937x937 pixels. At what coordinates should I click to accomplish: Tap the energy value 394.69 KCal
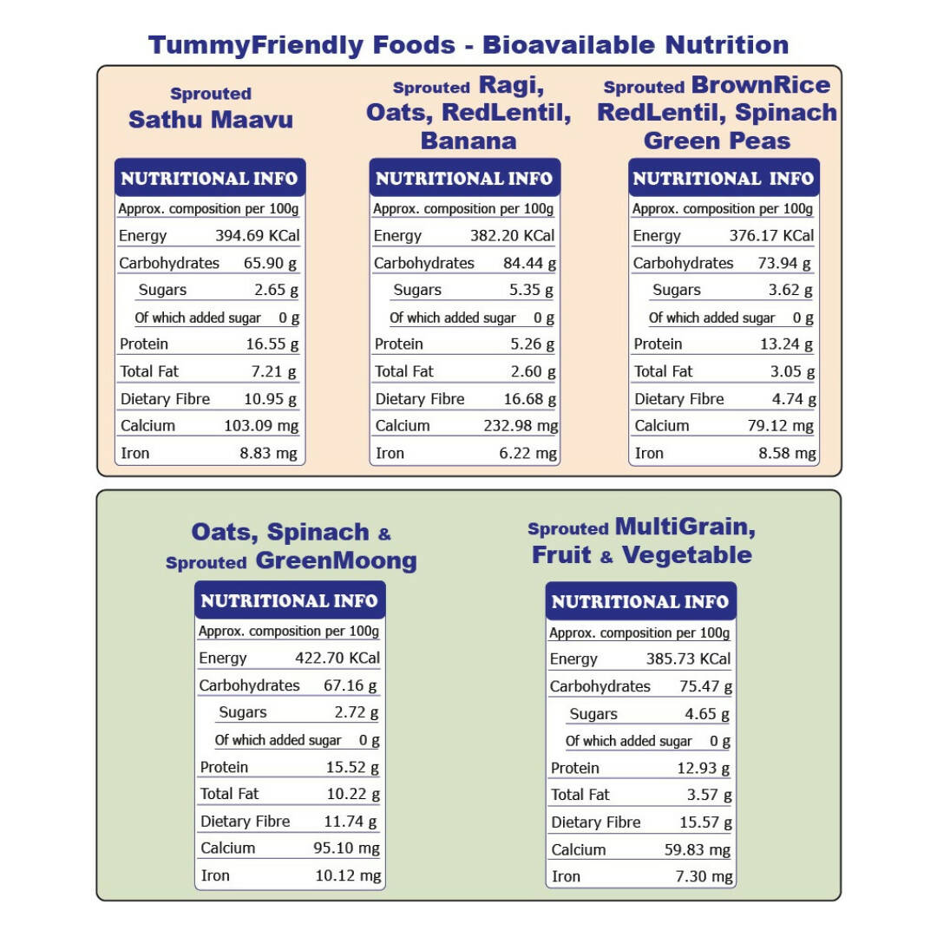(x=258, y=235)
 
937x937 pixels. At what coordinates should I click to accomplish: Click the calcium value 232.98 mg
(x=521, y=426)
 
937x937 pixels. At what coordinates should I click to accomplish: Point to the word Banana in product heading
(x=468, y=141)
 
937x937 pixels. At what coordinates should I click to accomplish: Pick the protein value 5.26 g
(x=532, y=344)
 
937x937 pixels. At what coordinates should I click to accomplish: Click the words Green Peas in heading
(x=717, y=141)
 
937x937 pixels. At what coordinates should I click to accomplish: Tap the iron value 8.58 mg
(x=786, y=453)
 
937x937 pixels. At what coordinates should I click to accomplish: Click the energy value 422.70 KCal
(x=337, y=658)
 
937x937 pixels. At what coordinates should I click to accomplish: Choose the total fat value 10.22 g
(x=353, y=794)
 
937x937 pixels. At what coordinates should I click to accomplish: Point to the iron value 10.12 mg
(x=348, y=875)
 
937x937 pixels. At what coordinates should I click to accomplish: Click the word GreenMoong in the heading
(x=336, y=560)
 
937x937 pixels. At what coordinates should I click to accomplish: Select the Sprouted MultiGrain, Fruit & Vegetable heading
(x=641, y=541)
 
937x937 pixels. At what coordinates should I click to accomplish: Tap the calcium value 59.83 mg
(x=698, y=849)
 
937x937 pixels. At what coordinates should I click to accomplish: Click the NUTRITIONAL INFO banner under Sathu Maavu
(x=209, y=179)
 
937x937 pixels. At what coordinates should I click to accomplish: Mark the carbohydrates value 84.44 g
(x=529, y=263)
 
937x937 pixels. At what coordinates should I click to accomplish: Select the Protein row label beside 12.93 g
(x=575, y=768)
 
